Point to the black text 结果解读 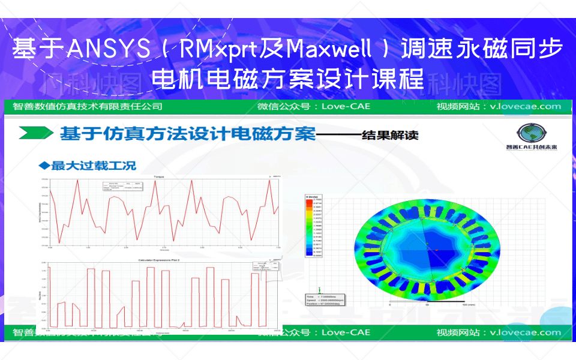pyautogui.click(x=389, y=135)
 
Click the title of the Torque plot pyautogui.click(x=158, y=177)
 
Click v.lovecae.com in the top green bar pyautogui.click(x=524, y=107)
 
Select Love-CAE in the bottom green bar pyautogui.click(x=346, y=332)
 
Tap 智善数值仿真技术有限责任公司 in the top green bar pyautogui.click(x=87, y=107)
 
